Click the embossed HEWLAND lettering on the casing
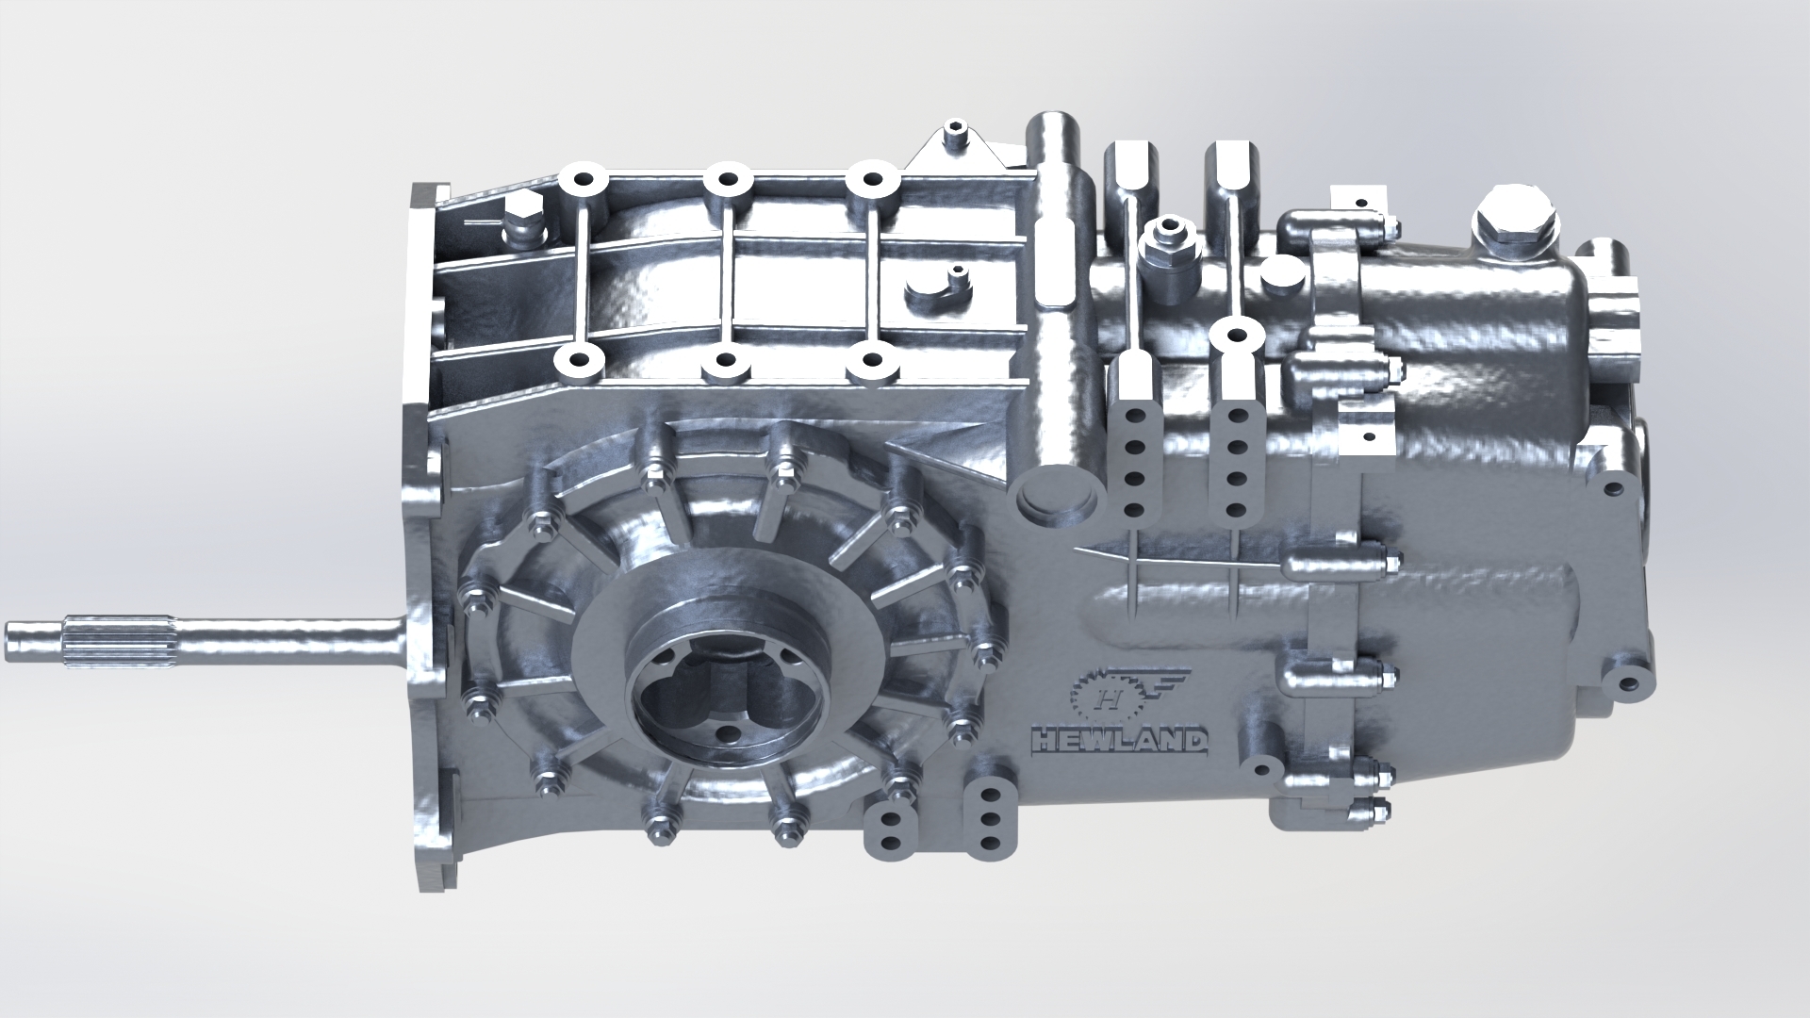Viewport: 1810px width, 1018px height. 1119,741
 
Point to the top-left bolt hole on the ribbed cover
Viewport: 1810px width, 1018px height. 578,180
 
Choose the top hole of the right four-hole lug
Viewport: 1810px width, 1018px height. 1237,417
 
